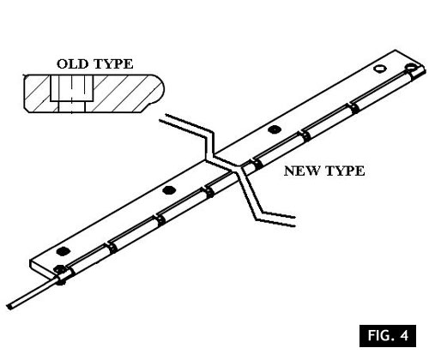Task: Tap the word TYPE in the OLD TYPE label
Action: pyautogui.click(x=113, y=63)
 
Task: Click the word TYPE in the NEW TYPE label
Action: pyautogui.click(x=345, y=171)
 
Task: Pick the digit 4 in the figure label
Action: pyautogui.click(x=405, y=335)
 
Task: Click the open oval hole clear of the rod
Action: pyautogui.click(x=381, y=69)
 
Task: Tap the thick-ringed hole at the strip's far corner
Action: pyautogui.click(x=411, y=67)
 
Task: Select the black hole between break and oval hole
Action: pyautogui.click(x=275, y=129)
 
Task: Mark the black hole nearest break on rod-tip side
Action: pyautogui.click(x=169, y=189)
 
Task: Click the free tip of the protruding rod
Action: pyautogui.click(x=9, y=306)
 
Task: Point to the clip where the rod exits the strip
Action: pyautogui.click(x=62, y=277)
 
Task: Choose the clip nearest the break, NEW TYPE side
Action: pyautogui.click(x=257, y=165)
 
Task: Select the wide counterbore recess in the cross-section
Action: pyautogui.click(x=72, y=88)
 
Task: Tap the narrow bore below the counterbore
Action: pyautogui.click(x=72, y=107)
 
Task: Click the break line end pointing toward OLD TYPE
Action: pyautogui.click(x=162, y=118)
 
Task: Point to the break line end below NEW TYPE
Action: pyautogui.click(x=294, y=221)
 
